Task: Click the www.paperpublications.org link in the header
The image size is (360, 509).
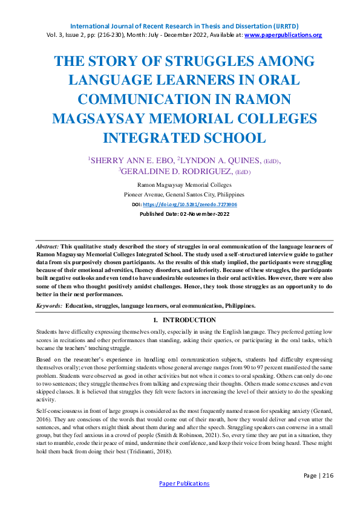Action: click(283, 35)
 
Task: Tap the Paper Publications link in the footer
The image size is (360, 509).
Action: click(184, 484)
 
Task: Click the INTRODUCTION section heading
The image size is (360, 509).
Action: click(189, 320)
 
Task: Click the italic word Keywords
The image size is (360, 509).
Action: click(49, 306)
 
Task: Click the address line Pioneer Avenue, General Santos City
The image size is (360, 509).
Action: click(184, 195)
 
